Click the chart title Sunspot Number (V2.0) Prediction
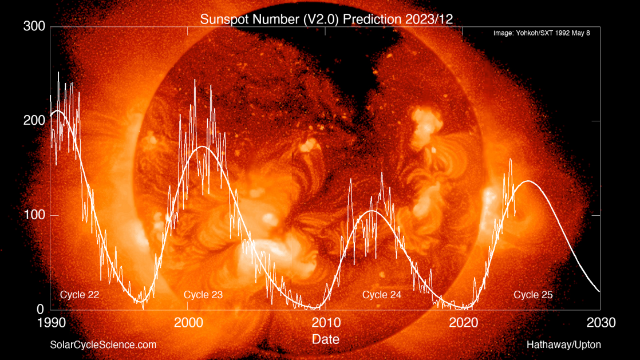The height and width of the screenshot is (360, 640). (x=326, y=19)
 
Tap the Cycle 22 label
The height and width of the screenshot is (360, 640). (x=80, y=295)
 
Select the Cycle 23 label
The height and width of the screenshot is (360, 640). (x=203, y=295)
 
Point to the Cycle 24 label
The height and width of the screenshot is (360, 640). (x=382, y=295)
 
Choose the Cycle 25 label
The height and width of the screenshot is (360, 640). (x=533, y=295)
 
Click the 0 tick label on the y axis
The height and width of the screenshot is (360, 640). (x=41, y=310)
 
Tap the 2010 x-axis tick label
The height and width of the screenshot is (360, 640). (x=326, y=323)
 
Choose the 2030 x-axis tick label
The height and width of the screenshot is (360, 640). (x=601, y=323)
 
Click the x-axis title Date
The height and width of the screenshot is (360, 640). (x=326, y=339)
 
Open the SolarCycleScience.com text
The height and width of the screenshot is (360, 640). (x=103, y=345)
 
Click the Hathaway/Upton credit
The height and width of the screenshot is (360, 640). (x=564, y=345)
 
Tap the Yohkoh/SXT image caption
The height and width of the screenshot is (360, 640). (x=542, y=33)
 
